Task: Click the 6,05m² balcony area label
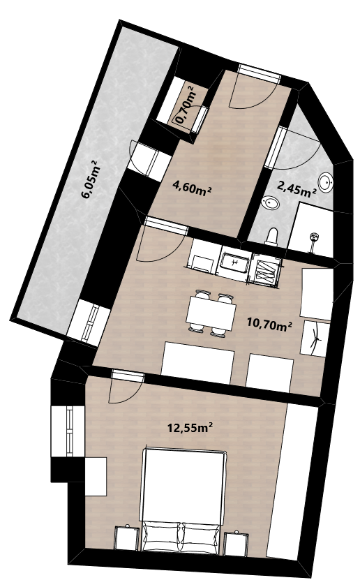(89, 179)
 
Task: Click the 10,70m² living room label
(269, 323)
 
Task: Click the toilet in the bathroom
(271, 237)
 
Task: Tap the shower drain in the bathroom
(314, 237)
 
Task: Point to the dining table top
(211, 313)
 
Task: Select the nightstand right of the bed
(236, 542)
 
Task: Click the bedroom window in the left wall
(69, 431)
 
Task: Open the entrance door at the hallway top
(260, 73)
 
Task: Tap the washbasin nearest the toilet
(271, 204)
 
